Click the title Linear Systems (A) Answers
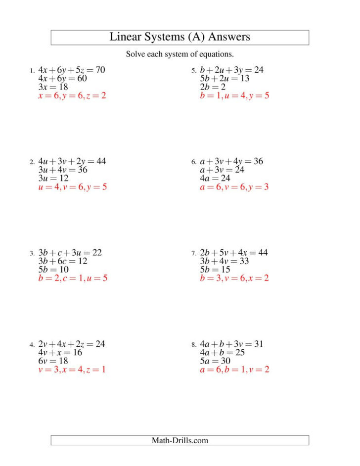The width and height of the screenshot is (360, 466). point(180,37)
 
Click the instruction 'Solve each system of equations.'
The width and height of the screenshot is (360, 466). point(180,54)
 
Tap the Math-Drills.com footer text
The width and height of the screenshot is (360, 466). point(180,440)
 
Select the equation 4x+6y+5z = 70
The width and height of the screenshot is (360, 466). point(72,70)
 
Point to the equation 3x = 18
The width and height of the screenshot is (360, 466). point(53,87)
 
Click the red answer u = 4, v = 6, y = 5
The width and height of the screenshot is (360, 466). point(73,187)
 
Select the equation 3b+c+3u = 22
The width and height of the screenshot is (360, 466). point(70,252)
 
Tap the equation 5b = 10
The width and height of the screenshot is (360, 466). point(53,270)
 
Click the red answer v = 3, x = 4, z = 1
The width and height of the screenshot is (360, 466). point(72,370)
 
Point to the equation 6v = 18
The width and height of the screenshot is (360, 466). point(53,361)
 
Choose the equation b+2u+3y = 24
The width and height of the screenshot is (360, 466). point(231,70)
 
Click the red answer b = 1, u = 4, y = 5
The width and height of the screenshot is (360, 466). point(234,95)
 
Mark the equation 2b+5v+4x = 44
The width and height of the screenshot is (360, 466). point(233,252)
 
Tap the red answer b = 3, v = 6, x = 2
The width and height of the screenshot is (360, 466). point(234,279)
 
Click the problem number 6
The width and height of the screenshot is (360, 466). point(194,162)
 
